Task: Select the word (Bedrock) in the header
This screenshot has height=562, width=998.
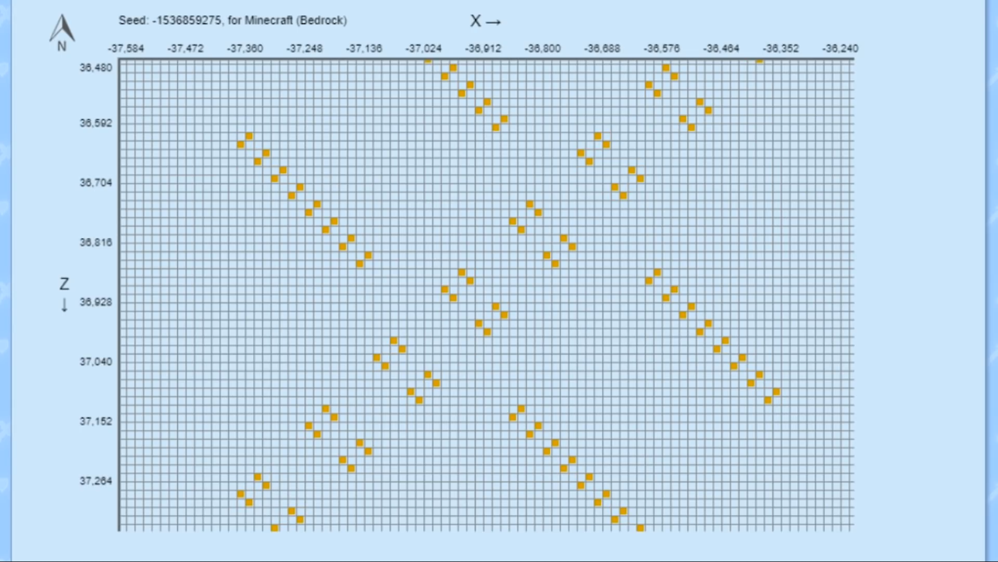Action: [x=322, y=20]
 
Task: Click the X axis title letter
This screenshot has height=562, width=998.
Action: [x=475, y=21]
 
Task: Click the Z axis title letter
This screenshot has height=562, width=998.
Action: [x=64, y=284]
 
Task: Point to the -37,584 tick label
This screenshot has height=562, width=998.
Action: [x=126, y=48]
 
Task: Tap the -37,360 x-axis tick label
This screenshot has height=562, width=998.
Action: [x=245, y=48]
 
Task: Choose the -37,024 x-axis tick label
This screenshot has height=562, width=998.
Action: [x=424, y=48]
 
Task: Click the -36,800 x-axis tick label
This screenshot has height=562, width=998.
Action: [x=543, y=48]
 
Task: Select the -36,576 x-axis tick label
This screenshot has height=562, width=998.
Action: [x=662, y=48]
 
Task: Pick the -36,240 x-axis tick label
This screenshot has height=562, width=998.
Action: [x=840, y=48]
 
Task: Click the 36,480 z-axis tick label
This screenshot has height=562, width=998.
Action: [x=96, y=68]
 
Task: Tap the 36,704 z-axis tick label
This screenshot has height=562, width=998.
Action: [x=96, y=183]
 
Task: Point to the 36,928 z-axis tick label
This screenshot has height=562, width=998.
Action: [x=96, y=302]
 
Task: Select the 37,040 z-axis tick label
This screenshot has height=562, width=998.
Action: [x=96, y=362]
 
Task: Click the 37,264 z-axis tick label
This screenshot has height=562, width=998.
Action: [x=96, y=481]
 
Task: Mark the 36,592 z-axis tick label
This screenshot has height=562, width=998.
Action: [x=96, y=123]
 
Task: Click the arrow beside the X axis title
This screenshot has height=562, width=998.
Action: [x=493, y=22]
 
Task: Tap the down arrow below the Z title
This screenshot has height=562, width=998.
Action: [x=64, y=305]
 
